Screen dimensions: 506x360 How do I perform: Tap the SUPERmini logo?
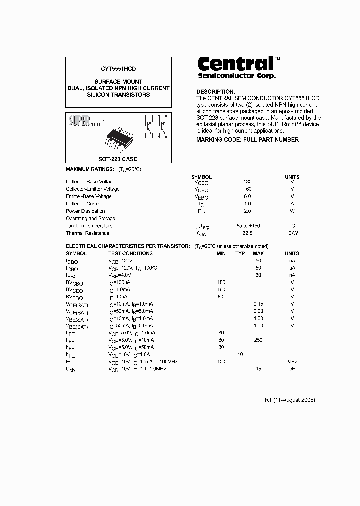click(83, 121)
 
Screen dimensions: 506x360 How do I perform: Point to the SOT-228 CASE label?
click(118, 159)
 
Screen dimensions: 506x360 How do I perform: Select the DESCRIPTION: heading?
click(215, 92)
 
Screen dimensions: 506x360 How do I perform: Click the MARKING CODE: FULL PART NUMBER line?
click(247, 140)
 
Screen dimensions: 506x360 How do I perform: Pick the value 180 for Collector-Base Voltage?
click(247, 182)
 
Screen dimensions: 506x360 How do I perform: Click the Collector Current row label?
click(84, 204)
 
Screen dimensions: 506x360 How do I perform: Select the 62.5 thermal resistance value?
click(247, 233)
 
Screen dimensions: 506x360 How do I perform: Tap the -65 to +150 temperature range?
click(248, 226)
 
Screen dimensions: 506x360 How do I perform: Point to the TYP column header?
click(240, 254)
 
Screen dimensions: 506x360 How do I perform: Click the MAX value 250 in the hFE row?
click(258, 340)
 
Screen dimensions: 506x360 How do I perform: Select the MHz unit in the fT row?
click(292, 362)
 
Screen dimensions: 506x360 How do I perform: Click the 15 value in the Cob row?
click(258, 369)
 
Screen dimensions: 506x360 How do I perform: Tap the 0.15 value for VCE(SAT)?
click(258, 304)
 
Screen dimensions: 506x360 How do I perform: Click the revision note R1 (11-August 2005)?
click(290, 400)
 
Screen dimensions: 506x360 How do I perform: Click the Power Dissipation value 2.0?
click(247, 211)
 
